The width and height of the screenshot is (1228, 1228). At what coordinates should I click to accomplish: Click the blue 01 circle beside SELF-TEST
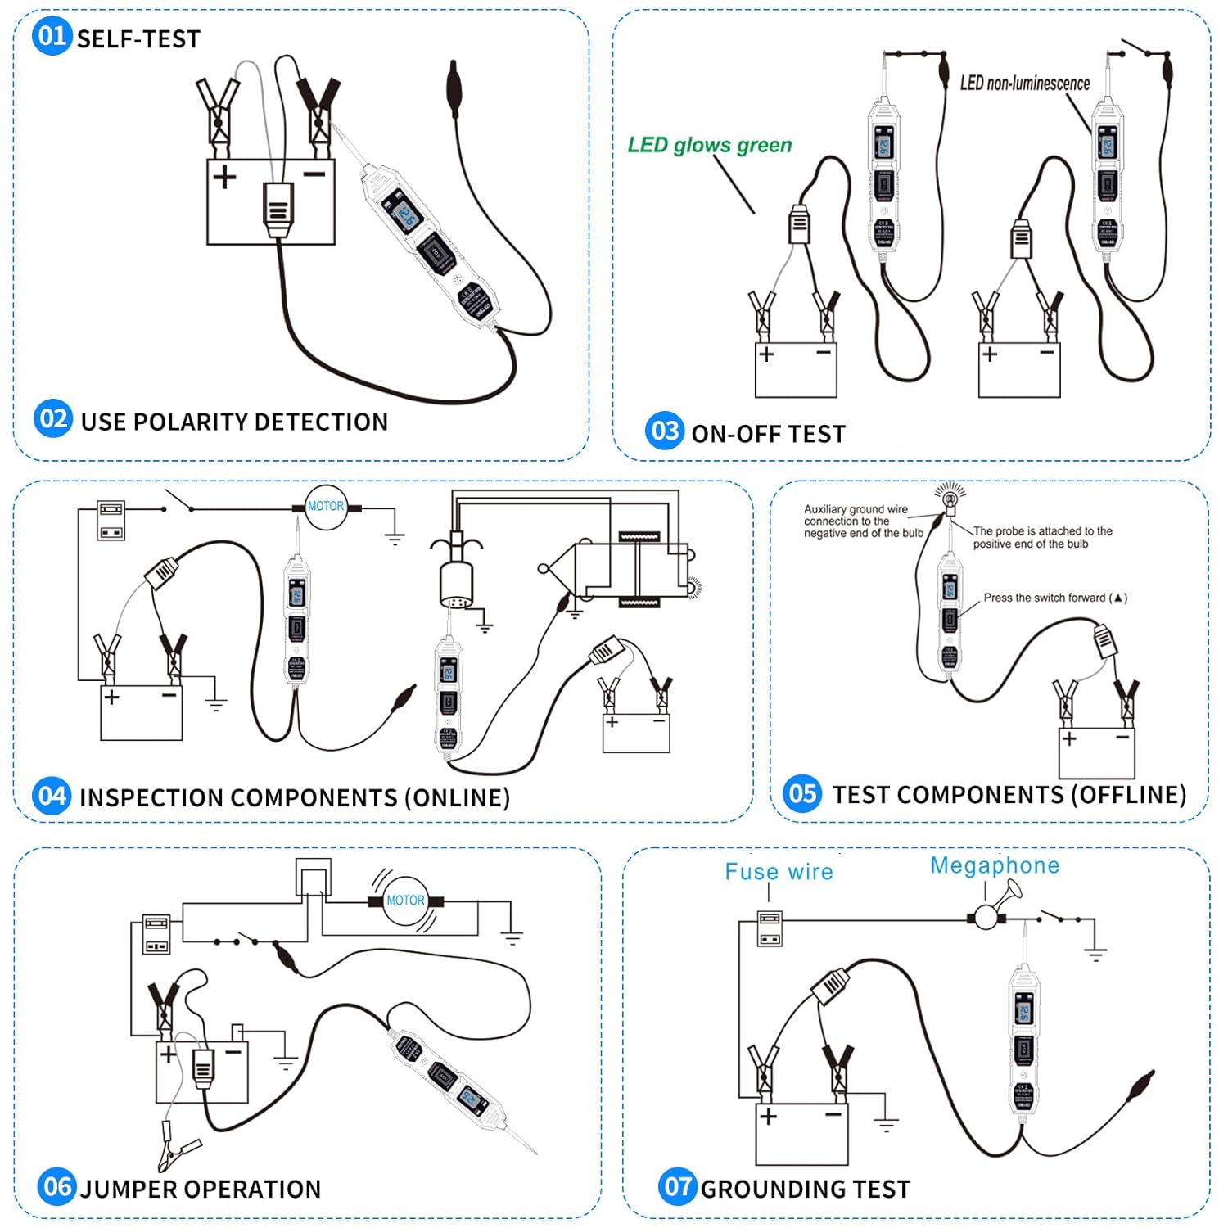pos(52,36)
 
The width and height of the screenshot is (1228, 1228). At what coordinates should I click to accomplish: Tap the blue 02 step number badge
pos(53,419)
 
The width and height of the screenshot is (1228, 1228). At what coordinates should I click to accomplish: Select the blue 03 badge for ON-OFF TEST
pos(665,431)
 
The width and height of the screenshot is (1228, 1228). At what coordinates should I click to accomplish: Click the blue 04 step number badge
pos(52,796)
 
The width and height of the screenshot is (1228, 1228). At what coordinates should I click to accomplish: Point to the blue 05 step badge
pos(802,792)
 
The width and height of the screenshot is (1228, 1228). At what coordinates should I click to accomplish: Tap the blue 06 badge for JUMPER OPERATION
pos(56,1186)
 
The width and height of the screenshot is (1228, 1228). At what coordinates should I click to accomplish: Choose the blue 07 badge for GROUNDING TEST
pos(677,1186)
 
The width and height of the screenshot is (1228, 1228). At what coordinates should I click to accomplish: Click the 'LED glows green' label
pos(709,146)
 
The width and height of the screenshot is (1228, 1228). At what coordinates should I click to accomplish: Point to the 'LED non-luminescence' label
pos(1024,84)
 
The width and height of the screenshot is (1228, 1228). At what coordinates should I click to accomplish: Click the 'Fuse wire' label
pos(779,872)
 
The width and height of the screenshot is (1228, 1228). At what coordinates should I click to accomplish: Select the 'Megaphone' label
pos(995,866)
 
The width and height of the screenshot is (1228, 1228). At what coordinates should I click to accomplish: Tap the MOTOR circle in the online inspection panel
pos(326,507)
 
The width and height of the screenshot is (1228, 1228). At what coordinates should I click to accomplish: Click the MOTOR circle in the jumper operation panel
pos(405,901)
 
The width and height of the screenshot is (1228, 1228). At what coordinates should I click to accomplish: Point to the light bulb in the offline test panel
pos(950,499)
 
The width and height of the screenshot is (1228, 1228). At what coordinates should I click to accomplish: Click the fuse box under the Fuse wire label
pos(770,928)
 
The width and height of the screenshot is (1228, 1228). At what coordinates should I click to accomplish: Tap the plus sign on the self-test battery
pos(224,176)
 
